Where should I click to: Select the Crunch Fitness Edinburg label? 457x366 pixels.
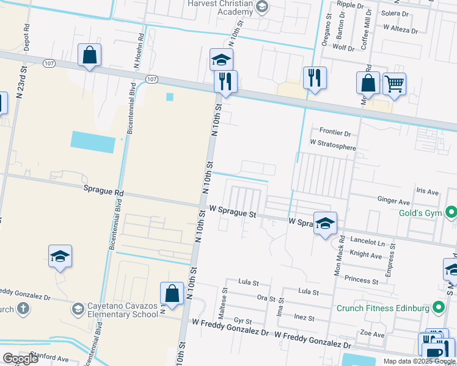(383, 308)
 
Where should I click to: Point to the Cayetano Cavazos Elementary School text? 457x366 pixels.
(119, 310)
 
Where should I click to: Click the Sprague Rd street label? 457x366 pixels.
(103, 191)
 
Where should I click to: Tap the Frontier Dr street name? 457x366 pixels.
(335, 132)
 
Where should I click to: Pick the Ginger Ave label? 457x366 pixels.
(393, 201)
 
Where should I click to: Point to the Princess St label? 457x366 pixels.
(362, 280)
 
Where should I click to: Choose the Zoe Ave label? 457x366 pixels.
(372, 334)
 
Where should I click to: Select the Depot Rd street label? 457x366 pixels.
(26, 38)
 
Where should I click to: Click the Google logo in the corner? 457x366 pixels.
(20, 359)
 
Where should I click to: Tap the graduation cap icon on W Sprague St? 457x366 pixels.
(325, 223)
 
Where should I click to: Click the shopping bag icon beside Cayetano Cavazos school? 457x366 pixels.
(172, 293)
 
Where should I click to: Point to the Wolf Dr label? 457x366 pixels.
(343, 48)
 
